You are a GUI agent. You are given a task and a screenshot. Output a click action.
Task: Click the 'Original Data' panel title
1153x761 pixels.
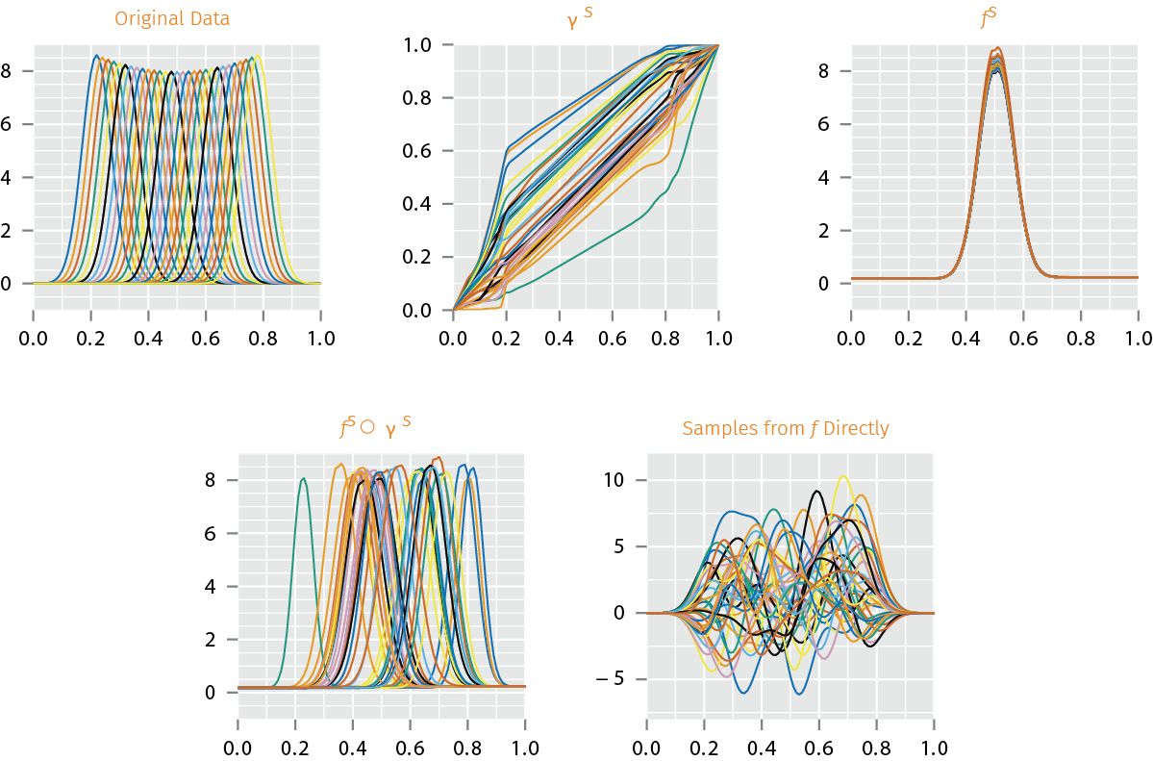(x=172, y=18)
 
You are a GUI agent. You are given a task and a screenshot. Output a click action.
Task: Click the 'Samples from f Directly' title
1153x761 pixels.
(x=786, y=428)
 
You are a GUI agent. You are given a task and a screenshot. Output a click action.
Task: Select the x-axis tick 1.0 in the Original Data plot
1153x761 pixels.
(x=320, y=339)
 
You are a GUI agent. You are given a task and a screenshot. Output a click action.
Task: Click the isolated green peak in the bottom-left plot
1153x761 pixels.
(x=304, y=479)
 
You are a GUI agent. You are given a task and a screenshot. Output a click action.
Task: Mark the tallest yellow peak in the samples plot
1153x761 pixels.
(x=843, y=476)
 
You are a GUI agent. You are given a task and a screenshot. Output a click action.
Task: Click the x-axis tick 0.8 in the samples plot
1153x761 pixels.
(x=876, y=748)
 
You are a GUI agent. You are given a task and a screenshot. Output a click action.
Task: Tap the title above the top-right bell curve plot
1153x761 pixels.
(x=993, y=18)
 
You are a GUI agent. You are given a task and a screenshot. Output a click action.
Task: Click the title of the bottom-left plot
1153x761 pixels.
(x=380, y=428)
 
